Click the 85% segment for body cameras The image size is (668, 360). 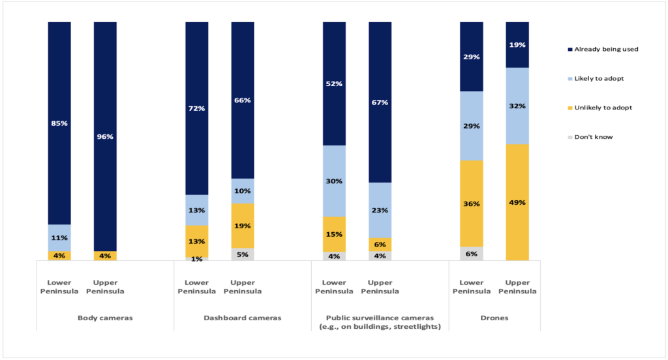pos(59,123)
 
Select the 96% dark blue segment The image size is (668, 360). pos(105,136)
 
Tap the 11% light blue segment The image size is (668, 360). pos(59,238)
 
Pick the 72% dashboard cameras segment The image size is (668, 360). pos(197,108)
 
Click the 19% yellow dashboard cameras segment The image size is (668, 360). pos(243,226)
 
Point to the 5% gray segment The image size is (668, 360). pos(243,254)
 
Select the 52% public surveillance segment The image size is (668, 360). pos(335,83)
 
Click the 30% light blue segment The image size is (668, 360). pos(335,181)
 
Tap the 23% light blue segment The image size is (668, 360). pos(380,210)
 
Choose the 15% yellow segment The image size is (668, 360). pos(335,234)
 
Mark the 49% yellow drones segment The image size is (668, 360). pos(517,202)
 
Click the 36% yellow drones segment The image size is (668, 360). pos(472,203)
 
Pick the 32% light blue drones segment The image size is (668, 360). pos(517,106)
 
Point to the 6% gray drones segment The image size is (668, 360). pos(472,254)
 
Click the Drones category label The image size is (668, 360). pos(494,318)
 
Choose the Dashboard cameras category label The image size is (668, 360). pos(243,318)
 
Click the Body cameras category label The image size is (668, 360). pos(104,318)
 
